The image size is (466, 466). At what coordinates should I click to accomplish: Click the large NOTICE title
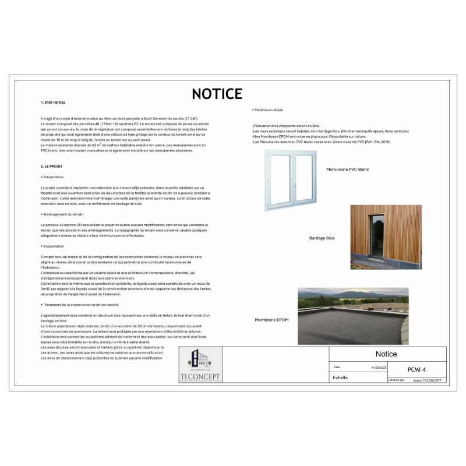[217, 94]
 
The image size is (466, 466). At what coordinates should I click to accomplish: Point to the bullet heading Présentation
[53, 176]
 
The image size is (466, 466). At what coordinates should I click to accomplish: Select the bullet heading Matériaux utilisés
[269, 110]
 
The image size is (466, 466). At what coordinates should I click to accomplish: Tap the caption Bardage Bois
[322, 238]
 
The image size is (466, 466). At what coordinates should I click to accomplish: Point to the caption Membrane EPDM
[272, 320]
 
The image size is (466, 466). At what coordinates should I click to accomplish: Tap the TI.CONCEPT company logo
[200, 365]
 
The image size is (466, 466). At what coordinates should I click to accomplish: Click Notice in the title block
[386, 354]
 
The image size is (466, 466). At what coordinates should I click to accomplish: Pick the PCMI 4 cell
[416, 369]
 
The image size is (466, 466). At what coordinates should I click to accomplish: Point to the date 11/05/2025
[379, 368]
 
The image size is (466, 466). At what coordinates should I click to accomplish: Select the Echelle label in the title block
[340, 377]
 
